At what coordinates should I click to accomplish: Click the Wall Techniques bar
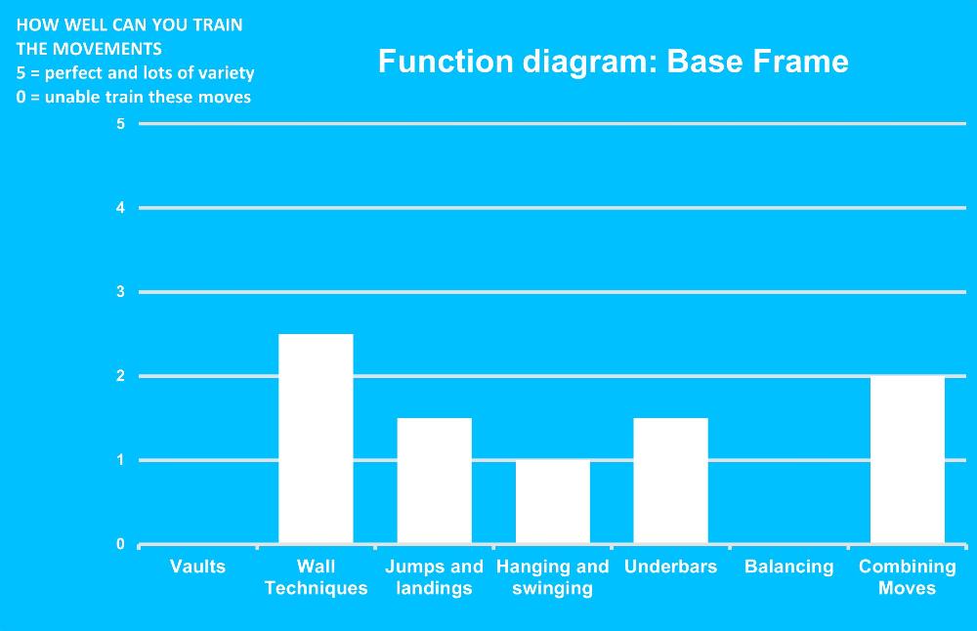click(316, 439)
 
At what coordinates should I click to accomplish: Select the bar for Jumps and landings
click(435, 481)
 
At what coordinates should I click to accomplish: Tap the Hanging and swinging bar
click(553, 501)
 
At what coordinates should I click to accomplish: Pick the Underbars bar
click(670, 481)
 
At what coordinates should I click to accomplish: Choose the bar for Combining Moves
click(908, 460)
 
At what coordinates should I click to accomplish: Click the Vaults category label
click(197, 567)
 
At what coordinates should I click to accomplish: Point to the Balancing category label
click(788, 567)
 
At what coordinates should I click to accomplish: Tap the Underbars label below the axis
click(670, 567)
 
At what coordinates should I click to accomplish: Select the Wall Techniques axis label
click(316, 577)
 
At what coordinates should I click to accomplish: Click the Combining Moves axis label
click(908, 577)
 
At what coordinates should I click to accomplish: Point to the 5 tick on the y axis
click(120, 124)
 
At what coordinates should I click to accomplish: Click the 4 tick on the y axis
click(120, 208)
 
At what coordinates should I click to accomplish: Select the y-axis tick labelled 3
click(120, 291)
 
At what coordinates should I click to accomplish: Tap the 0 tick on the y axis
click(120, 544)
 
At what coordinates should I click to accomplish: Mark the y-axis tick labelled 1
click(120, 460)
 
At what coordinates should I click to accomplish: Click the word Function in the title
click(446, 61)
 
